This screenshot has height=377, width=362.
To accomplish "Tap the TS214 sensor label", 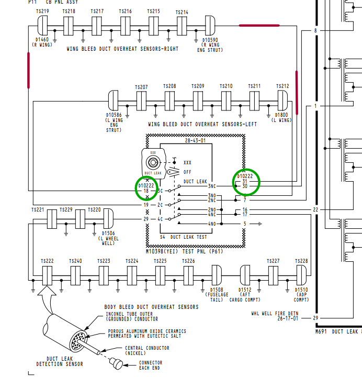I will [182, 12].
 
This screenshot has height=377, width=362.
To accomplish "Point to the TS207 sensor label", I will [141, 87].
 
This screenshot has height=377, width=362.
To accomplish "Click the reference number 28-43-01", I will [195, 141].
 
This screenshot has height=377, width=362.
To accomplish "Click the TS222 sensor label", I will [47, 261].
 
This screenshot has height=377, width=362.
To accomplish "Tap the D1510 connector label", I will [301, 289].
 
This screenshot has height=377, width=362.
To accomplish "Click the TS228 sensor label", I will [301, 261].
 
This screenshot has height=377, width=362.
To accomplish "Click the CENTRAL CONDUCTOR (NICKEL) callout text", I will [146, 350].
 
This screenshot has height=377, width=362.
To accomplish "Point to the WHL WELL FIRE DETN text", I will [275, 314].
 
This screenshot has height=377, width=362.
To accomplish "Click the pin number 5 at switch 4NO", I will [244, 224].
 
